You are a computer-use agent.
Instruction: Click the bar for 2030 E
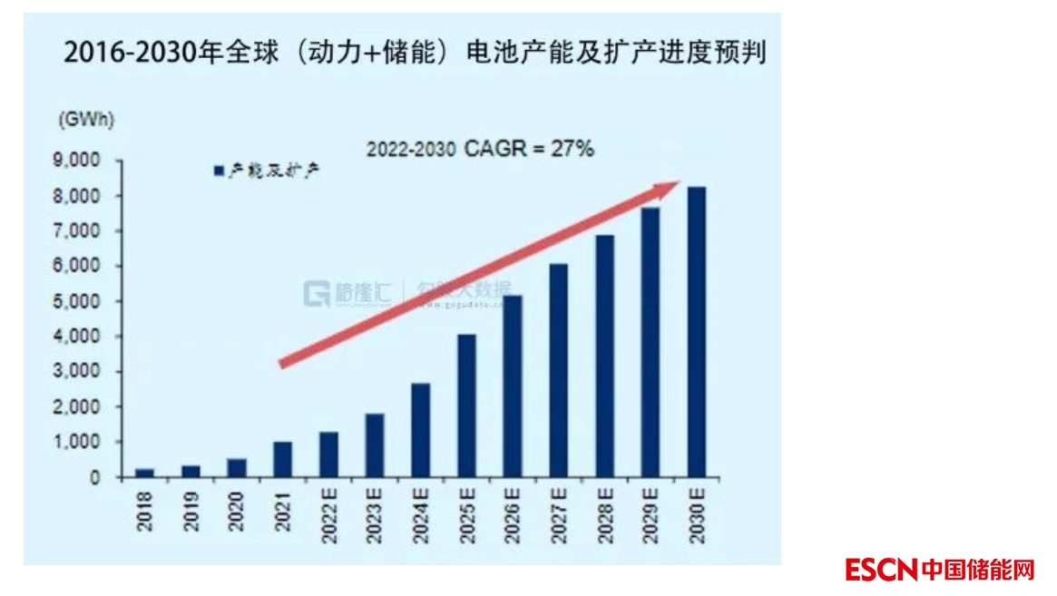[x=696, y=331]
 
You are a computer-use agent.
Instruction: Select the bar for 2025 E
[x=466, y=405]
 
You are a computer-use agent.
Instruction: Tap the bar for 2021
[x=283, y=459]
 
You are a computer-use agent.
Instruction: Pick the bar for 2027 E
[x=559, y=370]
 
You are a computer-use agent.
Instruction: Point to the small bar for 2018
[x=145, y=473]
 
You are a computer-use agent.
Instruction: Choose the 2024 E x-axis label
[x=421, y=516]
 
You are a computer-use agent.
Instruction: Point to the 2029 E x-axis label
[x=651, y=516]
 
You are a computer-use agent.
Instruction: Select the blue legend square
[x=218, y=171]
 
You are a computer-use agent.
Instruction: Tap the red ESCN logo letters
[x=880, y=570]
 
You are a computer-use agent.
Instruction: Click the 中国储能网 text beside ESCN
[x=978, y=570]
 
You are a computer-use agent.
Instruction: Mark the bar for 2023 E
[x=375, y=445]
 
